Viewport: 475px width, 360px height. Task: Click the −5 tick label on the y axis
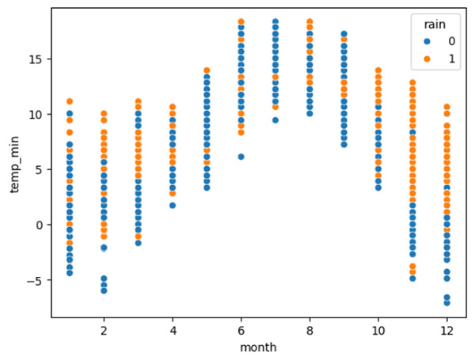(36, 280)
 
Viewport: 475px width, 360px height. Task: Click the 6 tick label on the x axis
(241, 329)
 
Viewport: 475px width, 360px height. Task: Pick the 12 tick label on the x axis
(447, 329)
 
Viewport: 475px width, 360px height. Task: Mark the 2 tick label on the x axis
(104, 329)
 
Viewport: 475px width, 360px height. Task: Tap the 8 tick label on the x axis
(310, 329)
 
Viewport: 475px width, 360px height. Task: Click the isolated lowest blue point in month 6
(241, 157)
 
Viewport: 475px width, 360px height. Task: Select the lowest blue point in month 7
(275, 120)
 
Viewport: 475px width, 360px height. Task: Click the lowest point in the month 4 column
(173, 206)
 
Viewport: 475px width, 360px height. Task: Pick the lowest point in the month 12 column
(447, 302)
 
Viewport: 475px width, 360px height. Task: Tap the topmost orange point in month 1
(70, 101)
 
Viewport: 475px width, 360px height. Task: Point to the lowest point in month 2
(104, 290)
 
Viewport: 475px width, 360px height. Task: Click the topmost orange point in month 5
(207, 71)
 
